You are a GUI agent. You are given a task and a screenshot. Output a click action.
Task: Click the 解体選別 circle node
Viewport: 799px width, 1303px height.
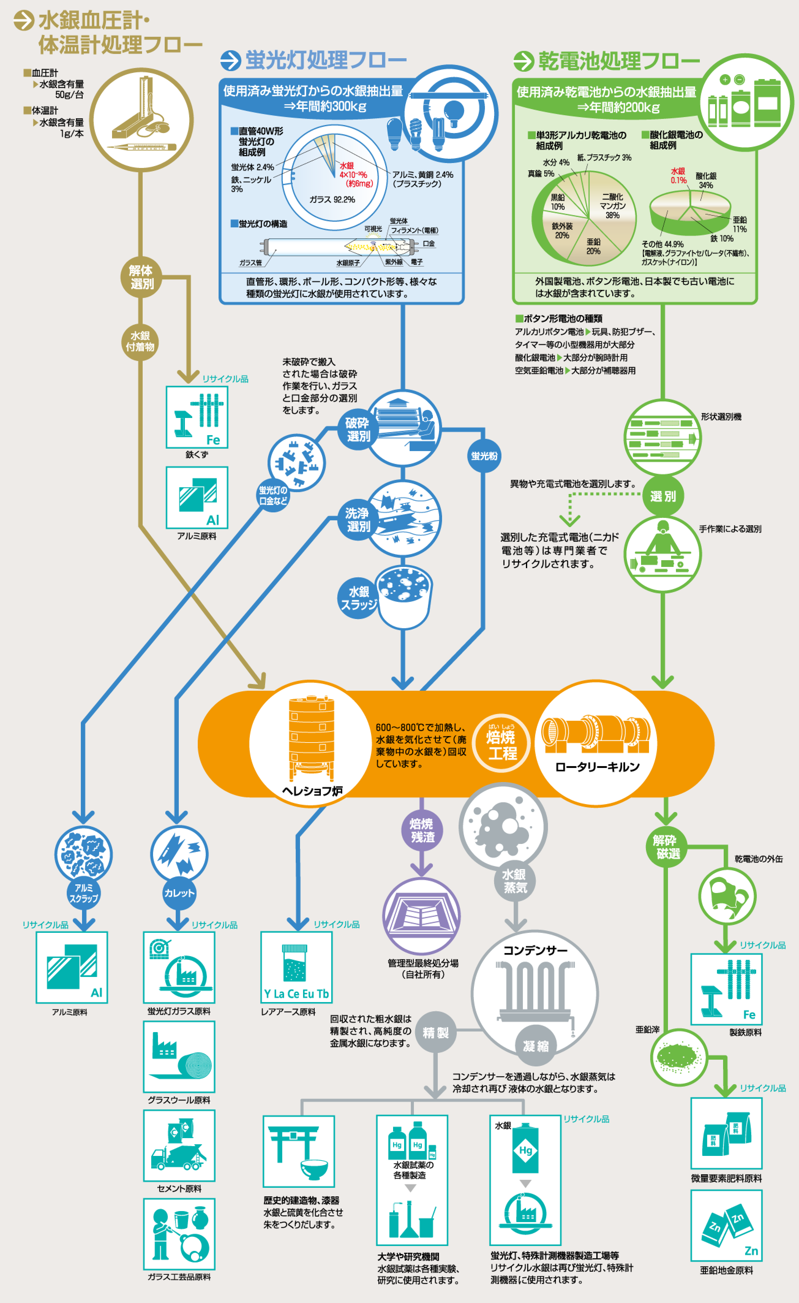(141, 277)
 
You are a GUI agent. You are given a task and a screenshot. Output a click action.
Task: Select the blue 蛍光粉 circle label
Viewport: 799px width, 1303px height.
(484, 456)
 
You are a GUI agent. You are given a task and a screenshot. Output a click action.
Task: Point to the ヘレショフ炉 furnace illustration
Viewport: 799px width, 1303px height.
(311, 735)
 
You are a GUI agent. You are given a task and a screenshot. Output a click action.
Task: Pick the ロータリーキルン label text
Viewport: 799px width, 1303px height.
(597, 767)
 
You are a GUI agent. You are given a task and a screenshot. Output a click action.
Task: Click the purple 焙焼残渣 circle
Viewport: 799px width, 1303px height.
(422, 830)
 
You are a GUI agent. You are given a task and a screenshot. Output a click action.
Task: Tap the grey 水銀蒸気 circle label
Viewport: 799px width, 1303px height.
(514, 881)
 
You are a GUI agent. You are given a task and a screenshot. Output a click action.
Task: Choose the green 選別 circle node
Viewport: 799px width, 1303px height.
(663, 496)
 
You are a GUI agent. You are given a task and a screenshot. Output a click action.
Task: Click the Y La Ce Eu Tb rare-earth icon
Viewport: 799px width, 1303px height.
(296, 967)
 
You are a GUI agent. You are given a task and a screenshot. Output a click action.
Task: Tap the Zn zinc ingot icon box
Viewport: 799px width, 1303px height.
(726, 1225)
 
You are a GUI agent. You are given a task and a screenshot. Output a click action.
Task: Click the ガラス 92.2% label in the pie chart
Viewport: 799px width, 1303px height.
(332, 199)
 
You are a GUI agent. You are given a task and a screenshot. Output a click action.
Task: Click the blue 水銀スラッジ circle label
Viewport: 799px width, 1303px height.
(358, 598)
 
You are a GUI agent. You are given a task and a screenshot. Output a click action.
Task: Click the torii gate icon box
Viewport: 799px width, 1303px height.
(298, 1151)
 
